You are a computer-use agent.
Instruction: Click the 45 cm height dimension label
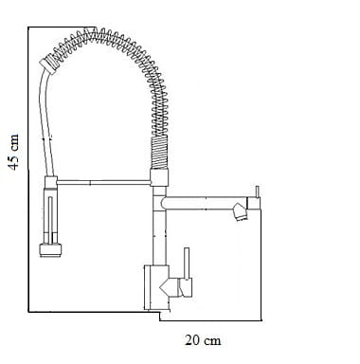13,153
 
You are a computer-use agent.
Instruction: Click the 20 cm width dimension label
203,340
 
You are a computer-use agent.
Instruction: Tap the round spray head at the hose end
50,250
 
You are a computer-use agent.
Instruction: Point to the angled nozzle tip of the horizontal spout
240,211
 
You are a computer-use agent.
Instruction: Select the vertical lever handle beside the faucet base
187,264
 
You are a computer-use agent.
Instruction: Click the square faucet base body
156,287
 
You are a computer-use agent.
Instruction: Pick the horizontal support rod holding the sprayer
103,182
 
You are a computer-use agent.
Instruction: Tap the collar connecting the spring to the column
159,178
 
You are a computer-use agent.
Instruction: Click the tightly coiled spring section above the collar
159,153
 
